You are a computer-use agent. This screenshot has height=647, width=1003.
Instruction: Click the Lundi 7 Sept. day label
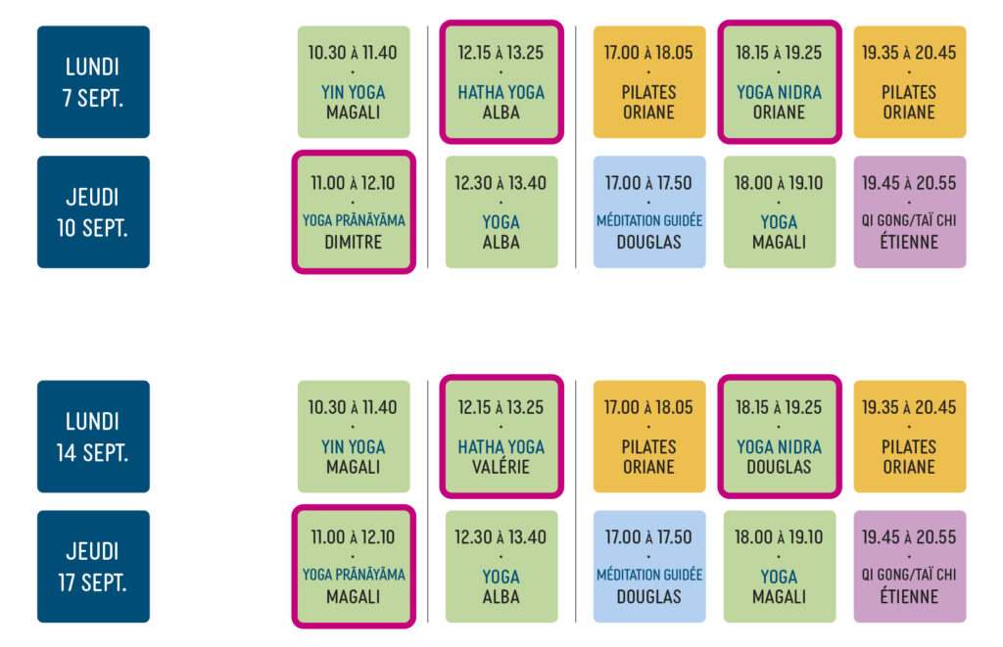click(93, 82)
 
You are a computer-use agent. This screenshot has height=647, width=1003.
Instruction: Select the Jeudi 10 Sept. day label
click(93, 211)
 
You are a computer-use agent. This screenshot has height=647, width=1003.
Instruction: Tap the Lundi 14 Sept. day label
click(93, 437)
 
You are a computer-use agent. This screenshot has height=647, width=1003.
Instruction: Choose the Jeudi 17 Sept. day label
click(93, 567)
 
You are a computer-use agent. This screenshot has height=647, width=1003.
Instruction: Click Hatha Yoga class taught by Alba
click(501, 82)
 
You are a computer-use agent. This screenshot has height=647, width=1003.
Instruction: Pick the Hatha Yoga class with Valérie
click(501, 437)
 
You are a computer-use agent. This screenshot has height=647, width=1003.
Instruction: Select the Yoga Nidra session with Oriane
click(779, 82)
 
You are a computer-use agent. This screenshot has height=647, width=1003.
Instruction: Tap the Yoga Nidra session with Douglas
click(779, 437)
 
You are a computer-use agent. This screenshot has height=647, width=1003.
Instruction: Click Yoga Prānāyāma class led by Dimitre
click(354, 211)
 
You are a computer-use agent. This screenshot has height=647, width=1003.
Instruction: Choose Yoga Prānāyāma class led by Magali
click(354, 567)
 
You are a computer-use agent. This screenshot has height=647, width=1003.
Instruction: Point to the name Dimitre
click(353, 243)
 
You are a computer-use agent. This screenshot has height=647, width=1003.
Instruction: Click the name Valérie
click(501, 466)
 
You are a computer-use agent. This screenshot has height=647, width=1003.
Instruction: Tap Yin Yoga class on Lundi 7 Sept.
click(354, 82)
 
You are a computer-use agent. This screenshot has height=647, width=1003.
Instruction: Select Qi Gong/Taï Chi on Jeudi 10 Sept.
click(910, 211)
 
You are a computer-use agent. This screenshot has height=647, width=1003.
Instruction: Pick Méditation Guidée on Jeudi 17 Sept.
click(649, 567)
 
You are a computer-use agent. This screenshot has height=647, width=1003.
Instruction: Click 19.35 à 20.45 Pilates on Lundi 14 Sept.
click(910, 437)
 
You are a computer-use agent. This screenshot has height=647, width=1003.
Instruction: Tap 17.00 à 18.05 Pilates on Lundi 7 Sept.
click(649, 82)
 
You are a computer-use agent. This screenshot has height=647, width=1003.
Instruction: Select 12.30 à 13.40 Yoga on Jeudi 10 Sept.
click(501, 211)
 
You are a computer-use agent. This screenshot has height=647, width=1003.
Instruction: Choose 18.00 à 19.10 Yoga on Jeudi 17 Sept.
click(779, 567)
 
